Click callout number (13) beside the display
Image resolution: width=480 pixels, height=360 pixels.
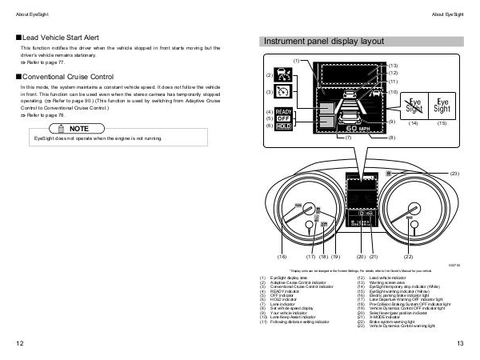pyautogui.click(x=393, y=64)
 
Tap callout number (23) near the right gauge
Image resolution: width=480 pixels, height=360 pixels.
pyautogui.click(x=454, y=174)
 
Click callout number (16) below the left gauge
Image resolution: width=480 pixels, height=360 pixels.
pyautogui.click(x=281, y=256)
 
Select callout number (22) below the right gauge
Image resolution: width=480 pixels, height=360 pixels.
pyautogui.click(x=408, y=256)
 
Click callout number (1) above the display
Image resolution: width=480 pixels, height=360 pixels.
pyautogui.click(x=296, y=61)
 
